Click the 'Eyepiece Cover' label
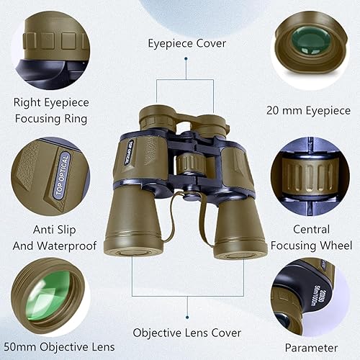coord(186,44)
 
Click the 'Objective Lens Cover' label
coord(186,333)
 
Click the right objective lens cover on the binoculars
coord(240,249)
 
